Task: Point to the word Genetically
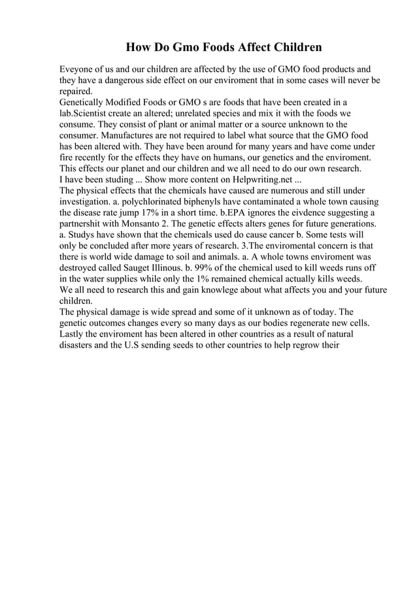coord(84,103)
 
